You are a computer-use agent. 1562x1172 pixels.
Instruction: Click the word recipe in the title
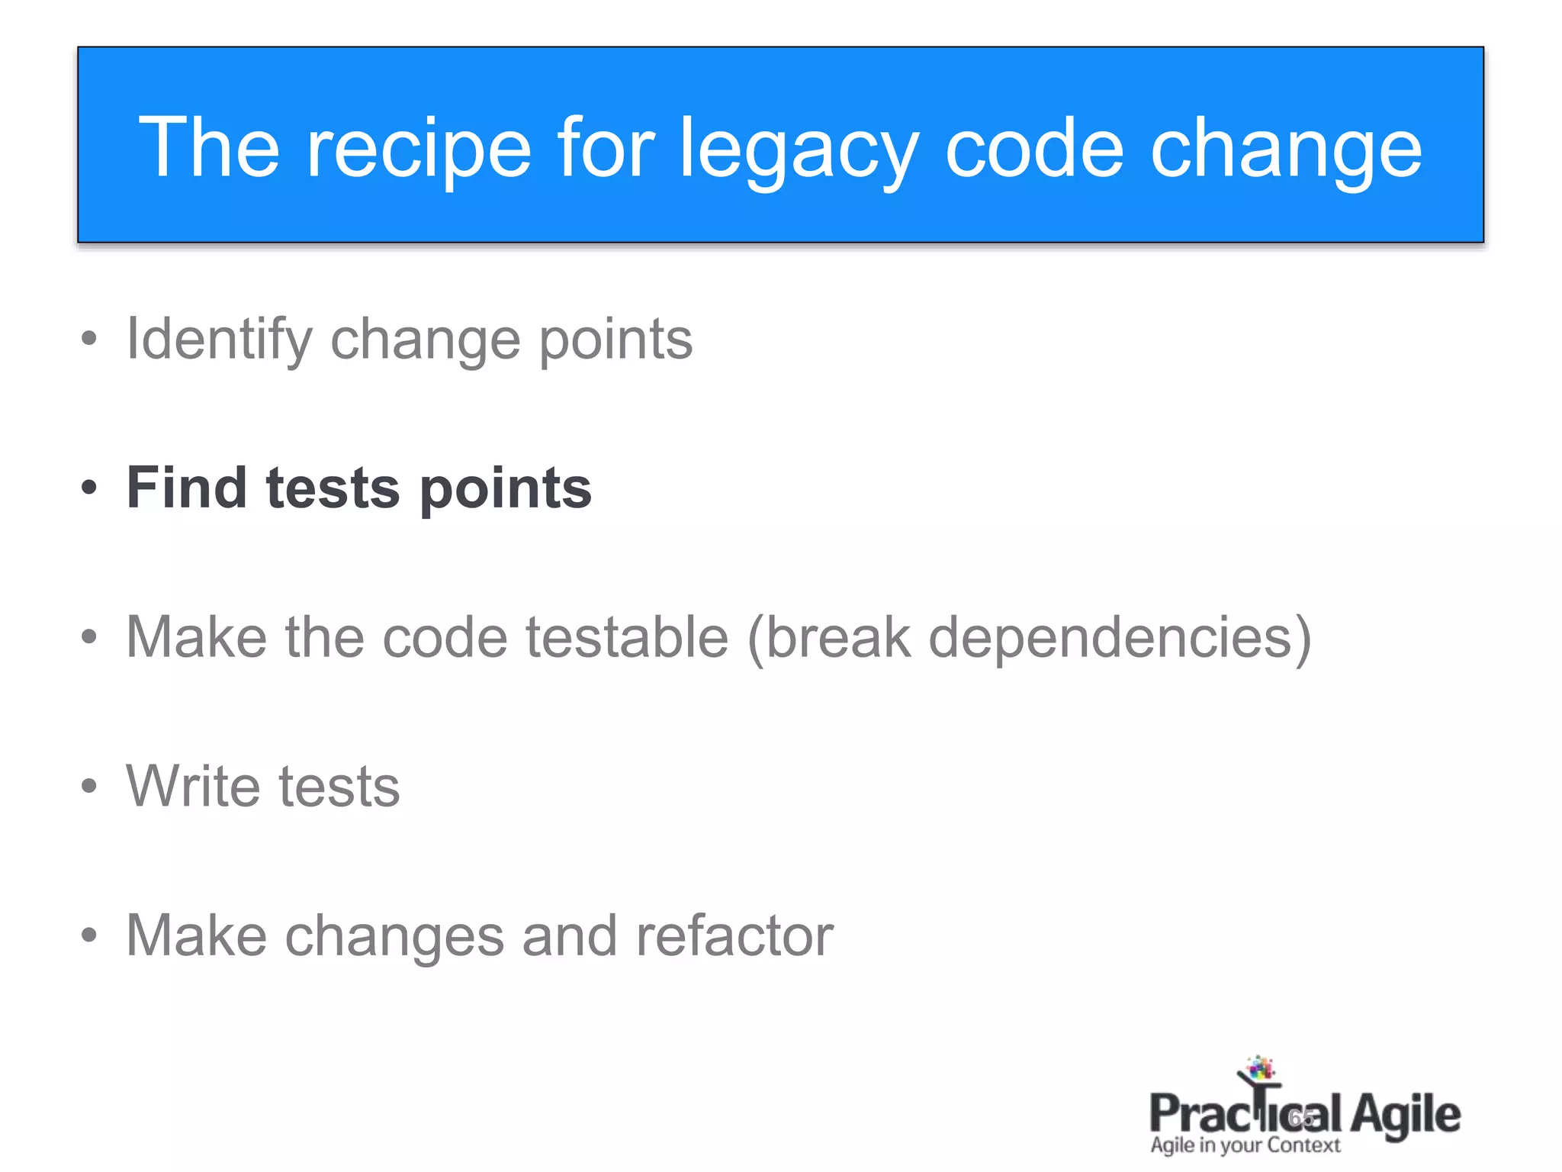pos(418,150)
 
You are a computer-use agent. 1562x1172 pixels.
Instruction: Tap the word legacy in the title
pos(799,150)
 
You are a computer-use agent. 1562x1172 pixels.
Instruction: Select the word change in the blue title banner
pos(1286,150)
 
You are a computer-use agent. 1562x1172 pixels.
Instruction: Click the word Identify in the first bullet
pos(219,340)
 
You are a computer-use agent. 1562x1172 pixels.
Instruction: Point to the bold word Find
pos(186,488)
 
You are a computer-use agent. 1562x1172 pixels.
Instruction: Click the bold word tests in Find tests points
pos(333,489)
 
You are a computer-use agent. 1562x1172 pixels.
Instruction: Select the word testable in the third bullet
pos(627,637)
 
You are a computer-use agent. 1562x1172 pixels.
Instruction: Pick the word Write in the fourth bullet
pos(194,786)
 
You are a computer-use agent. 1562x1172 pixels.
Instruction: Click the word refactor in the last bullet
pos(734,935)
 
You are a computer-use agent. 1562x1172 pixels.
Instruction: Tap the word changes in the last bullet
pos(394,937)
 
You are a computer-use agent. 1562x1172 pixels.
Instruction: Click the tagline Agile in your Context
pos(1245,1145)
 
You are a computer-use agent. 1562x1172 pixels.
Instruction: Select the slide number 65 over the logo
pos(1301,1119)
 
